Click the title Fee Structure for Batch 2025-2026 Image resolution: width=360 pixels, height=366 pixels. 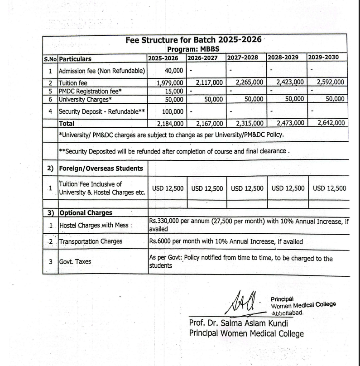pos(194,40)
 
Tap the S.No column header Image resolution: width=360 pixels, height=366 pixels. pos(50,58)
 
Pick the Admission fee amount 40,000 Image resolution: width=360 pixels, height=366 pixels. pos(174,70)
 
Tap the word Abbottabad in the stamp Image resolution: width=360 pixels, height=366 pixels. pos(287,313)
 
